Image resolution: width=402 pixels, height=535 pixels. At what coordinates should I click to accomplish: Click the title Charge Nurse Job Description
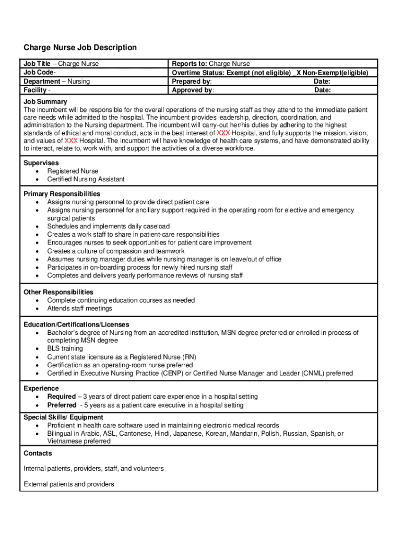point(80,48)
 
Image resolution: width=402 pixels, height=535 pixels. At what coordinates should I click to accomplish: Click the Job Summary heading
point(45,101)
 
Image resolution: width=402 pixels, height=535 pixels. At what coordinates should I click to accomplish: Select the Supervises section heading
point(41,163)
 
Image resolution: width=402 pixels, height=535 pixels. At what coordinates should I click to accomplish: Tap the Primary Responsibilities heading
point(62,194)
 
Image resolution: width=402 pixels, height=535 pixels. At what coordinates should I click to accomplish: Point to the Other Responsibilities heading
point(58,292)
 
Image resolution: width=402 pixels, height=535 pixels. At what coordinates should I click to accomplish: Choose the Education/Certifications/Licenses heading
point(76,324)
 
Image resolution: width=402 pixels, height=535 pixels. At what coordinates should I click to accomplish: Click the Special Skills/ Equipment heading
point(63,417)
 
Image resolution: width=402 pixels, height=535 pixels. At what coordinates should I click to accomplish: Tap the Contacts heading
point(38,453)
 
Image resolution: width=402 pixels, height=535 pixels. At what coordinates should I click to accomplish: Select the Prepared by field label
point(192,82)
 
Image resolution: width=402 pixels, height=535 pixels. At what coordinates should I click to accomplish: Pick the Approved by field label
point(193,90)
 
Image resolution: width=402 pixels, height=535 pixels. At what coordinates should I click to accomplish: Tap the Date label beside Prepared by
point(322,82)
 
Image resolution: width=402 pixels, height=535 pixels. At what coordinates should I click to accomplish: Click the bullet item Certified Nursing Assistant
point(86,179)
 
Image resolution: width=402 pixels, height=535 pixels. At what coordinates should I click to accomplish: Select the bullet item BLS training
point(65,348)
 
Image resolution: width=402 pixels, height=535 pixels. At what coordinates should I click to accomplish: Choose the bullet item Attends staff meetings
point(79,308)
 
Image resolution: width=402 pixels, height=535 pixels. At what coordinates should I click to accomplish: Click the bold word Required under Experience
point(61,397)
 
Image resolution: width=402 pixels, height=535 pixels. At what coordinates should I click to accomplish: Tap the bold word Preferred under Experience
point(62,405)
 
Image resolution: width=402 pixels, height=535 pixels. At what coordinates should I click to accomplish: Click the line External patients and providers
point(69,484)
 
